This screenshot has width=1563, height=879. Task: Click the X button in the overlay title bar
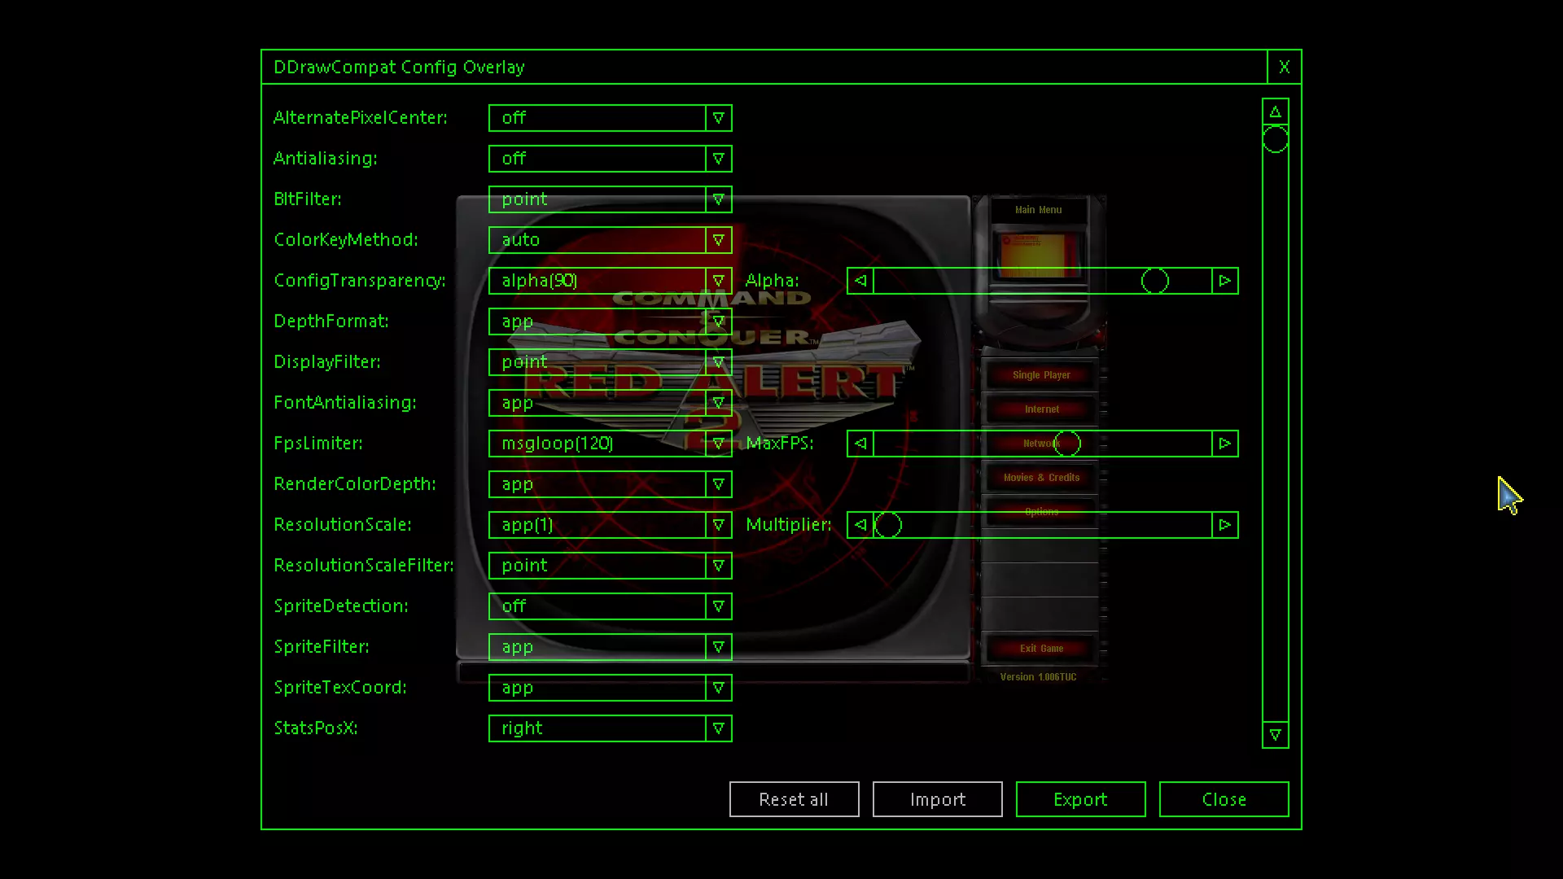coord(1284,68)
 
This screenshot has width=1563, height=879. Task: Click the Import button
coord(937,799)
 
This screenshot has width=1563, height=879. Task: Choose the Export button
coord(1080,799)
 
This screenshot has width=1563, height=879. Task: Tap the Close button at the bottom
coord(1224,799)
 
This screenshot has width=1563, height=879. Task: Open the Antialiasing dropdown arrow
coord(718,159)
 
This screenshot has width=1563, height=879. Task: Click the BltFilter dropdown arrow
coord(718,199)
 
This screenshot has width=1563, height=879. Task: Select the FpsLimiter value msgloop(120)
coord(597,444)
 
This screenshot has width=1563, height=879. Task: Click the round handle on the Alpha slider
coord(1154,281)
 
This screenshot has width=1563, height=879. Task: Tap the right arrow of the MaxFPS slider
coord(1224,444)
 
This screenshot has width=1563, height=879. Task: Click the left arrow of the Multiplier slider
coord(860,525)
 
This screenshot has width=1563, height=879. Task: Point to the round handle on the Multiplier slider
coord(888,525)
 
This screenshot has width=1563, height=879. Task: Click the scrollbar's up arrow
coord(1275,112)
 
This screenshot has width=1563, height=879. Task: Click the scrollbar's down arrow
coord(1275,735)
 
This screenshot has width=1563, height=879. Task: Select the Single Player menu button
coord(1041,375)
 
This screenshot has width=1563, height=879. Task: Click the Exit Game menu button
coord(1041,649)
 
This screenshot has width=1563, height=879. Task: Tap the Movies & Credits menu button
coord(1041,478)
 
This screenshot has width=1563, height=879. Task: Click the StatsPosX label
coord(316,728)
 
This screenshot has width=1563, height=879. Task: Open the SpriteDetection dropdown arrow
coord(718,606)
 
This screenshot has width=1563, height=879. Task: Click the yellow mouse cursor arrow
coord(1508,495)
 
